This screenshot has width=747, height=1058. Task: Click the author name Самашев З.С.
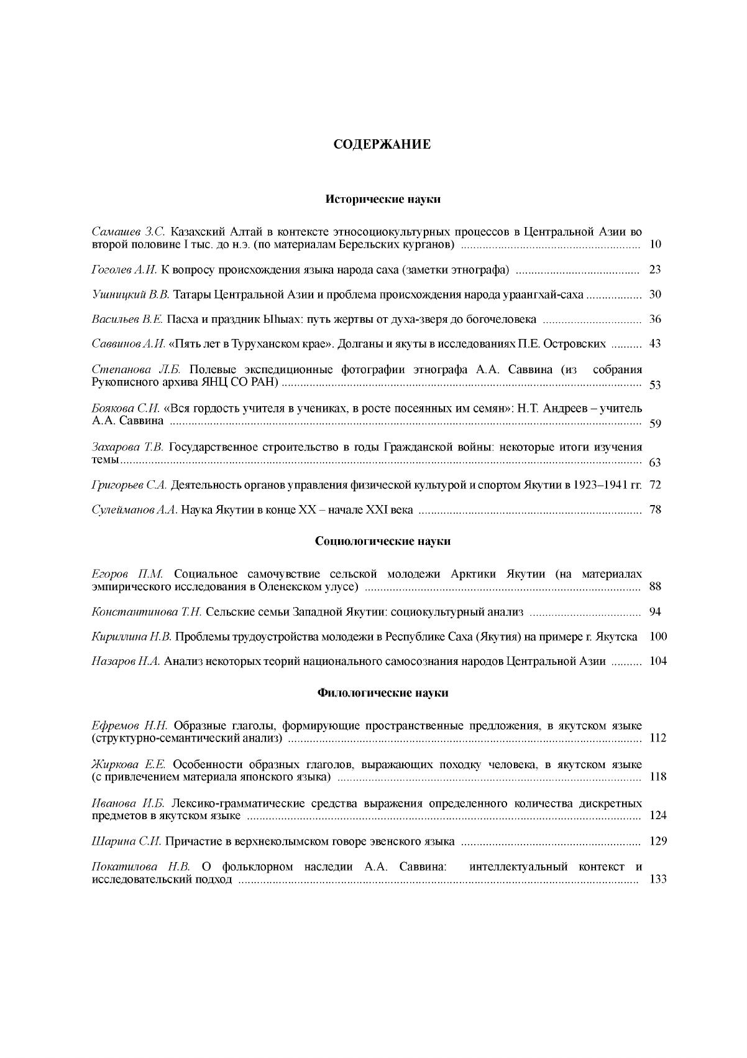[128, 232]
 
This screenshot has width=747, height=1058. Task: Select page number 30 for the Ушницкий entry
[654, 294]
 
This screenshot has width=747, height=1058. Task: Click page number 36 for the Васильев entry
[654, 319]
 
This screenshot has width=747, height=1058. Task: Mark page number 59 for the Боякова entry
[654, 424]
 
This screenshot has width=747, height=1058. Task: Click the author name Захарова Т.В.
[127, 447]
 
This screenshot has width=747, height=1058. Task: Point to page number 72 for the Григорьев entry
[654, 485]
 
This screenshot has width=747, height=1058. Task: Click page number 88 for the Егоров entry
[654, 587]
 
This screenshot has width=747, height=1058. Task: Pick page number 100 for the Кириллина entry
[658, 637]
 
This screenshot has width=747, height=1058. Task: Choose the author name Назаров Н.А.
[126, 662]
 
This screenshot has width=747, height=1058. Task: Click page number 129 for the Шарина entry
[658, 842]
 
